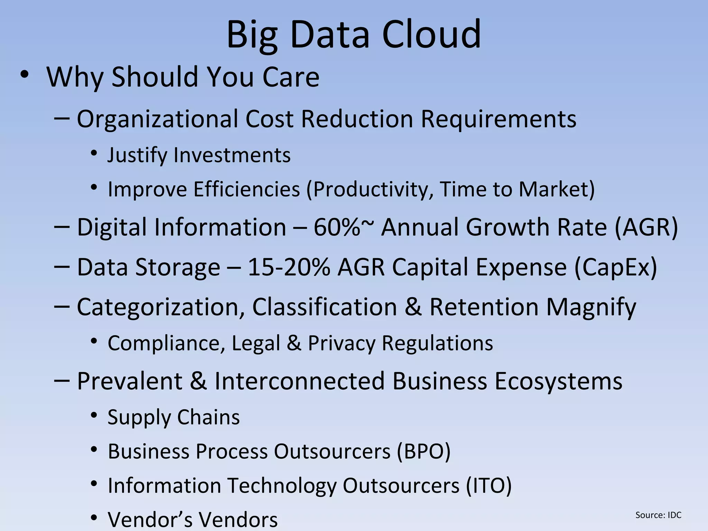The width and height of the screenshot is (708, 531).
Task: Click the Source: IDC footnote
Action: tap(658, 515)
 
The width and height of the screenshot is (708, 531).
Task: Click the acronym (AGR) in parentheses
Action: tap(646, 227)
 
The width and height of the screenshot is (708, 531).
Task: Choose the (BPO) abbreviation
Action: tap(423, 451)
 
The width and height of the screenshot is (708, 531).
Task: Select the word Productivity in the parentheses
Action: tap(370, 189)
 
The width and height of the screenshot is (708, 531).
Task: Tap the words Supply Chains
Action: tap(174, 417)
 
